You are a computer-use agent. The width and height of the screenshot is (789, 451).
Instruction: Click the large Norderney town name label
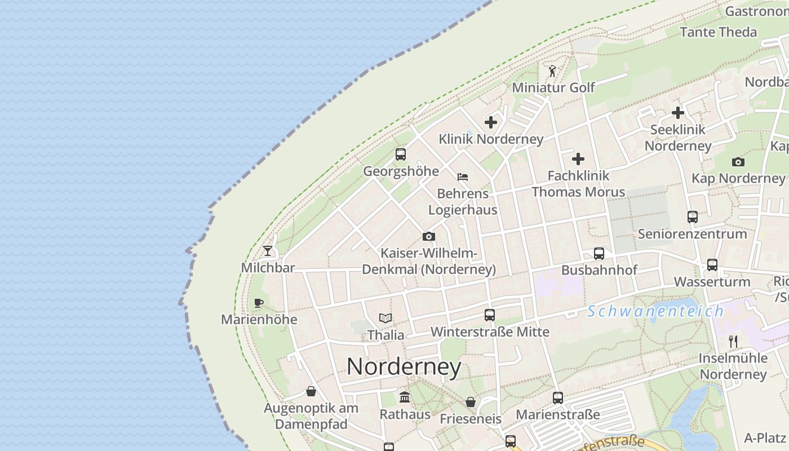point(404,367)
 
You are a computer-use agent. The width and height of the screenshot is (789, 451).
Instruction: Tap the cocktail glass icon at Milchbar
point(268,251)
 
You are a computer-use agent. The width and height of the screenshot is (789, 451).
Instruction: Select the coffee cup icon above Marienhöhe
point(259,303)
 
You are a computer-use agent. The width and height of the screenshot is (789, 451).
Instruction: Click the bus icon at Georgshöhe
point(401,154)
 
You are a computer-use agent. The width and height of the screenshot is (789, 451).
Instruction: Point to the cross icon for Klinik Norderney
point(491,122)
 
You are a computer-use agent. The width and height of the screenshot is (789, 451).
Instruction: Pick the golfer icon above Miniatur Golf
point(552,72)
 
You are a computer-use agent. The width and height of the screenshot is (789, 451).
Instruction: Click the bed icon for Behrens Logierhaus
point(463,177)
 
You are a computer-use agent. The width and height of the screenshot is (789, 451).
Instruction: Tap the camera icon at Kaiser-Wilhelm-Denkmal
point(429,236)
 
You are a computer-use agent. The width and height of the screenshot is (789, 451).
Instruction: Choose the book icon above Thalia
point(385,319)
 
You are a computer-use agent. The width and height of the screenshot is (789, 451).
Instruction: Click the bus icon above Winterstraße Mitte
point(490,315)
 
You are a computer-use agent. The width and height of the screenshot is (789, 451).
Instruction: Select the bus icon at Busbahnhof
point(599,254)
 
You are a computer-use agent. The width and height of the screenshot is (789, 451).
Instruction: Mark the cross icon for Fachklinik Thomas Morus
point(578,159)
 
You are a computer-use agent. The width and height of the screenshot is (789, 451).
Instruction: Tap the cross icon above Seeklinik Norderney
point(678,113)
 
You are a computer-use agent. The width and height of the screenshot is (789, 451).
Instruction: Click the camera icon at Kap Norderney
point(738,162)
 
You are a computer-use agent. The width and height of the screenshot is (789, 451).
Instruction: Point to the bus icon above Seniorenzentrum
point(693,217)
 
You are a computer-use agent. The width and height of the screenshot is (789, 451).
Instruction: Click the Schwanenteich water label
point(655,311)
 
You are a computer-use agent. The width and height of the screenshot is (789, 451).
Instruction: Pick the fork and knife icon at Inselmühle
point(733,341)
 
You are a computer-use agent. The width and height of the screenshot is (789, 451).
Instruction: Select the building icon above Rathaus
point(405,397)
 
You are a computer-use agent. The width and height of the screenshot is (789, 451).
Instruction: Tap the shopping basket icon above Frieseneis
point(471,402)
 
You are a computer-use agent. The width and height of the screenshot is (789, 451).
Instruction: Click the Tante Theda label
point(719,32)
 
